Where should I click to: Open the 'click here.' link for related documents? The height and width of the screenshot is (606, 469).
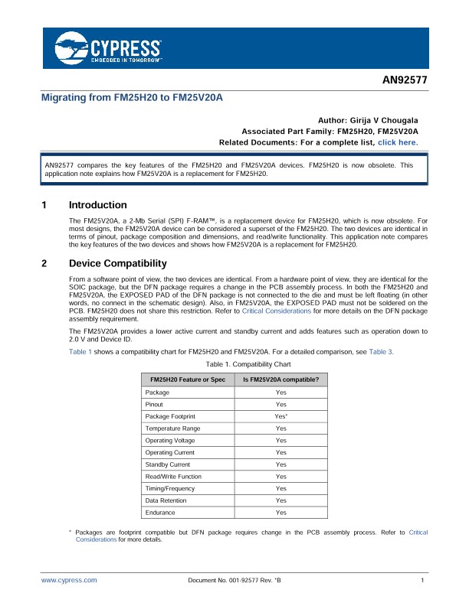(x=397, y=142)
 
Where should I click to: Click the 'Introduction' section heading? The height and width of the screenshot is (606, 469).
(x=97, y=205)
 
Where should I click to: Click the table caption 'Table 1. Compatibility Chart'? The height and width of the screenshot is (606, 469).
(x=234, y=364)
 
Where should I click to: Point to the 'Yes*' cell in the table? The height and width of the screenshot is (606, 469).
(x=281, y=416)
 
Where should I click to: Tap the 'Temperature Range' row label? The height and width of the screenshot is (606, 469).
(x=173, y=428)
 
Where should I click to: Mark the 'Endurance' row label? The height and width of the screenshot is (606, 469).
(x=160, y=512)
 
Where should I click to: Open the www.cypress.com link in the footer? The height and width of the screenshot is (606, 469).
(x=69, y=581)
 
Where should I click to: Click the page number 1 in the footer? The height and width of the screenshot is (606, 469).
(x=422, y=581)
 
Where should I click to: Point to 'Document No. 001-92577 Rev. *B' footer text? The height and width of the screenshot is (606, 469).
(x=235, y=581)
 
